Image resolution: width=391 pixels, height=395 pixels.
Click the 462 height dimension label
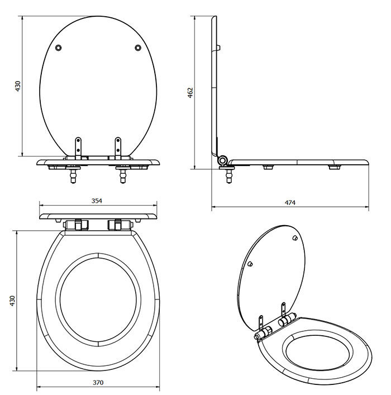click(x=190, y=92)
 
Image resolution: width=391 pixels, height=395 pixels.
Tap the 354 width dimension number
click(x=97, y=201)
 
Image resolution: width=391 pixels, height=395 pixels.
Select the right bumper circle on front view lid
click(x=138, y=49)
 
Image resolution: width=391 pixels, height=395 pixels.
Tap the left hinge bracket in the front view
click(x=78, y=146)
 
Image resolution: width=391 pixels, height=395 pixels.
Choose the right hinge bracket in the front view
click(x=118, y=146)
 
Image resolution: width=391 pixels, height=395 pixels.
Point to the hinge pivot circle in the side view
click(x=223, y=161)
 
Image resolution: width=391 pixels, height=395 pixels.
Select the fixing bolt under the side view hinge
click(x=228, y=174)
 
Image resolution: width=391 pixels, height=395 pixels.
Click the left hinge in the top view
click(x=77, y=225)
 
